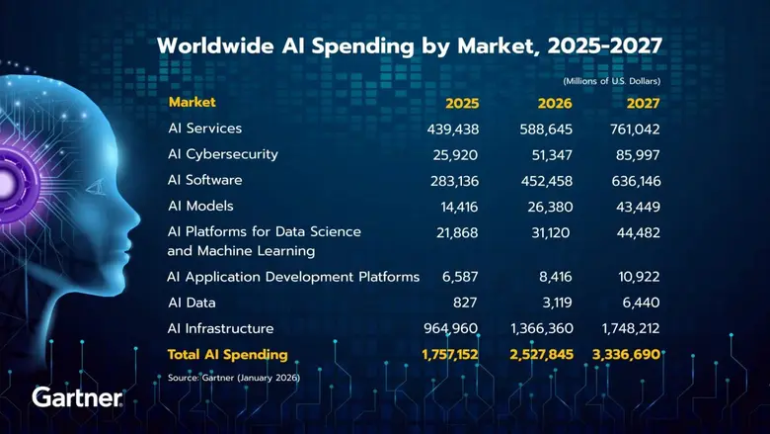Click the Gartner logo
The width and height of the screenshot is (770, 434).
78,397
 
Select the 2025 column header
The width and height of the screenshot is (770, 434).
462,103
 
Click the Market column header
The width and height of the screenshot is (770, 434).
192,102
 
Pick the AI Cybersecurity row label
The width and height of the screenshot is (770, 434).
223,154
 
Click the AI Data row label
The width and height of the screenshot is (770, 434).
192,302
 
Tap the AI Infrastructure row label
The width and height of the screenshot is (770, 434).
220,327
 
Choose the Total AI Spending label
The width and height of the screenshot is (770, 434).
228,354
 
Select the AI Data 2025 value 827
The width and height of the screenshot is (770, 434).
465,302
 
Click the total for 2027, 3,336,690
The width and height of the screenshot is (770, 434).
619,354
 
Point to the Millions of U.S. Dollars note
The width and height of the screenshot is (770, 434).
611,80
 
